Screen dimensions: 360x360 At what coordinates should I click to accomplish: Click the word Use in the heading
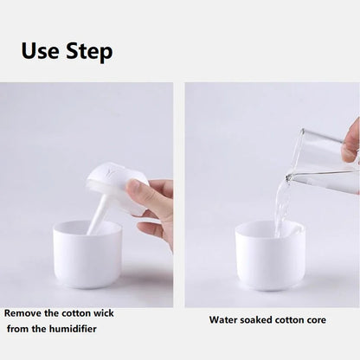(40, 51)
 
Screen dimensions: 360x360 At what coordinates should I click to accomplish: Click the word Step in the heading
(87, 52)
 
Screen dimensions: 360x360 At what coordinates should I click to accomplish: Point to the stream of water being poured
(280, 203)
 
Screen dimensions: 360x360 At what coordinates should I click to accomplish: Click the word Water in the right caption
(223, 320)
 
